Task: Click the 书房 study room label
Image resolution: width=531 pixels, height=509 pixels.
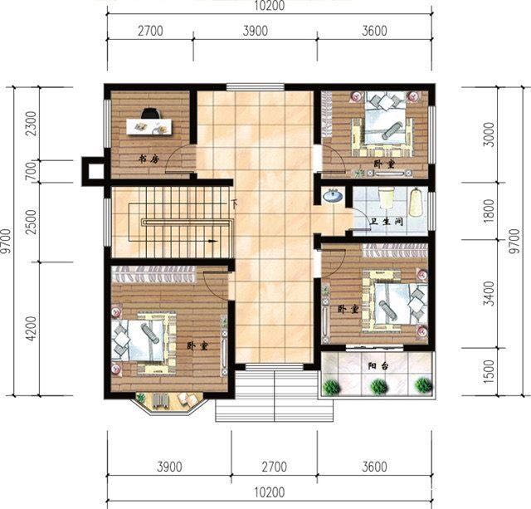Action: coord(148,158)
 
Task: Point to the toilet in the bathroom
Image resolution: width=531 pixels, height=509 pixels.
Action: coord(387,198)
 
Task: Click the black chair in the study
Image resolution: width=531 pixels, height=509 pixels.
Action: coord(150,114)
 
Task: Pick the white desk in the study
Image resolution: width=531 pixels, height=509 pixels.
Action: coord(149,127)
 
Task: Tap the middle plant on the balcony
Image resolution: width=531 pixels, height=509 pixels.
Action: coord(379,386)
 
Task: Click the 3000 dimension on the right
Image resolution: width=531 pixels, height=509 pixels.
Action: coord(492,135)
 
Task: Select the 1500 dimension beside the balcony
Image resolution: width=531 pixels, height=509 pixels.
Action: coord(492,370)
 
